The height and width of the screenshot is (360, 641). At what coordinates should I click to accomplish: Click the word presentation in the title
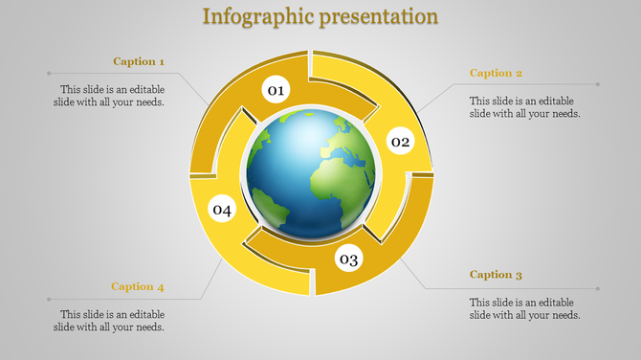379,17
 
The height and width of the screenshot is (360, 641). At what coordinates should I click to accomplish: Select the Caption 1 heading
139,61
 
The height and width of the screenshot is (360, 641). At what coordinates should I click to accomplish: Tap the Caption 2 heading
496,73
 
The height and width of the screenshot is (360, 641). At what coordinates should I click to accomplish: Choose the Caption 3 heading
496,275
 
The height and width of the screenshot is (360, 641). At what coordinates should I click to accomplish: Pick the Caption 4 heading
138,286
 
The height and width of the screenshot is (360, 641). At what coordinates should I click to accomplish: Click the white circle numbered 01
276,91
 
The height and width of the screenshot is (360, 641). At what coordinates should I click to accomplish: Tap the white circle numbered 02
400,143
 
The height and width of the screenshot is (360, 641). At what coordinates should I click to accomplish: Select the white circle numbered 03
348,259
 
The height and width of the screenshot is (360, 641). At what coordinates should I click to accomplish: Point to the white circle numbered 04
222,209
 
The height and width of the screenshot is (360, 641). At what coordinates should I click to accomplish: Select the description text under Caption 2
525,106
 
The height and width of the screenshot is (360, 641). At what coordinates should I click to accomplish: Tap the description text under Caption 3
525,308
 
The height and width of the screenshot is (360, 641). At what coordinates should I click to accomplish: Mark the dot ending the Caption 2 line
599,84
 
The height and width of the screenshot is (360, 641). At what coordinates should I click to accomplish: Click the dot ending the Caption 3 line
599,288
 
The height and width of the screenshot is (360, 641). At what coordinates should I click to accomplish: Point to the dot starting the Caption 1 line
47,73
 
